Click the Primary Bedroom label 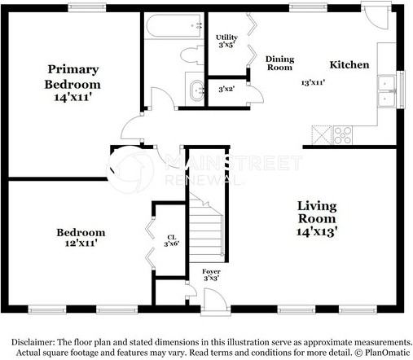pyautogui.click(x=72, y=77)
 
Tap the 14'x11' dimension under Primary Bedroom pyautogui.click(x=72, y=97)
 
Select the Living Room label pyautogui.click(x=317, y=213)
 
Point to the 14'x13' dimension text pyautogui.click(x=317, y=231)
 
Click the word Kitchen pyautogui.click(x=349, y=65)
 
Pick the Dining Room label pyautogui.click(x=279, y=64)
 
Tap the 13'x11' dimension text pyautogui.click(x=313, y=82)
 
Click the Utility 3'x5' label pyautogui.click(x=226, y=41)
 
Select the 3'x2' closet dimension pyautogui.click(x=226, y=89)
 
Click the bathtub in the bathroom pyautogui.click(x=174, y=25)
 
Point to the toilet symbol pyautogui.click(x=192, y=55)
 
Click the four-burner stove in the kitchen pyautogui.click(x=342, y=135)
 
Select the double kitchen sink pyautogui.click(x=387, y=91)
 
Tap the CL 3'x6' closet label pyautogui.click(x=172, y=240)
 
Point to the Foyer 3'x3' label pyautogui.click(x=211, y=274)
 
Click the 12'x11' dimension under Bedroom pyautogui.click(x=81, y=243)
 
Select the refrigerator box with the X pyautogui.click(x=322, y=135)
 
